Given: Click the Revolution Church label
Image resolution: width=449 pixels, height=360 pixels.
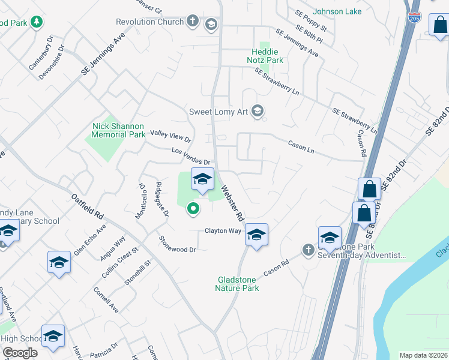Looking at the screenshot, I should point(149,22).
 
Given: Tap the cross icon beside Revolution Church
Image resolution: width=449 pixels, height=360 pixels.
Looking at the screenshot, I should point(192,22).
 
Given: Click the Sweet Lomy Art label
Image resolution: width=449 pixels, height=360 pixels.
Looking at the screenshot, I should point(218,111).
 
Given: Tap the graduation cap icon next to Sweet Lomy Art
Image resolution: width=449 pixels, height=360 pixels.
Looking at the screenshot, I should point(258,111).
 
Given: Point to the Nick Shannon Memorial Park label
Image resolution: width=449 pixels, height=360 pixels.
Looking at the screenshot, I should point(119,130).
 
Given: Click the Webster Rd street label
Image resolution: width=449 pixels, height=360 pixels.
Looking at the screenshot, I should point(232,203).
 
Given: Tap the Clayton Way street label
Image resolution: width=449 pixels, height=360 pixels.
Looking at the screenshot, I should point(223,230).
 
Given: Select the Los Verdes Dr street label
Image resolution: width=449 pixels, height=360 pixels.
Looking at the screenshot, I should point(191,157).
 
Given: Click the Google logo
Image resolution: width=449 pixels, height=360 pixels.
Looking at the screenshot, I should point(20,353).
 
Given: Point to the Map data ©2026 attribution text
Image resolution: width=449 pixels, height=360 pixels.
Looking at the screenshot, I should point(423,355).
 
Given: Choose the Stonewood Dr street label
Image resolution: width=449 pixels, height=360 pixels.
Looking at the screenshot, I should point(178,245).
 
